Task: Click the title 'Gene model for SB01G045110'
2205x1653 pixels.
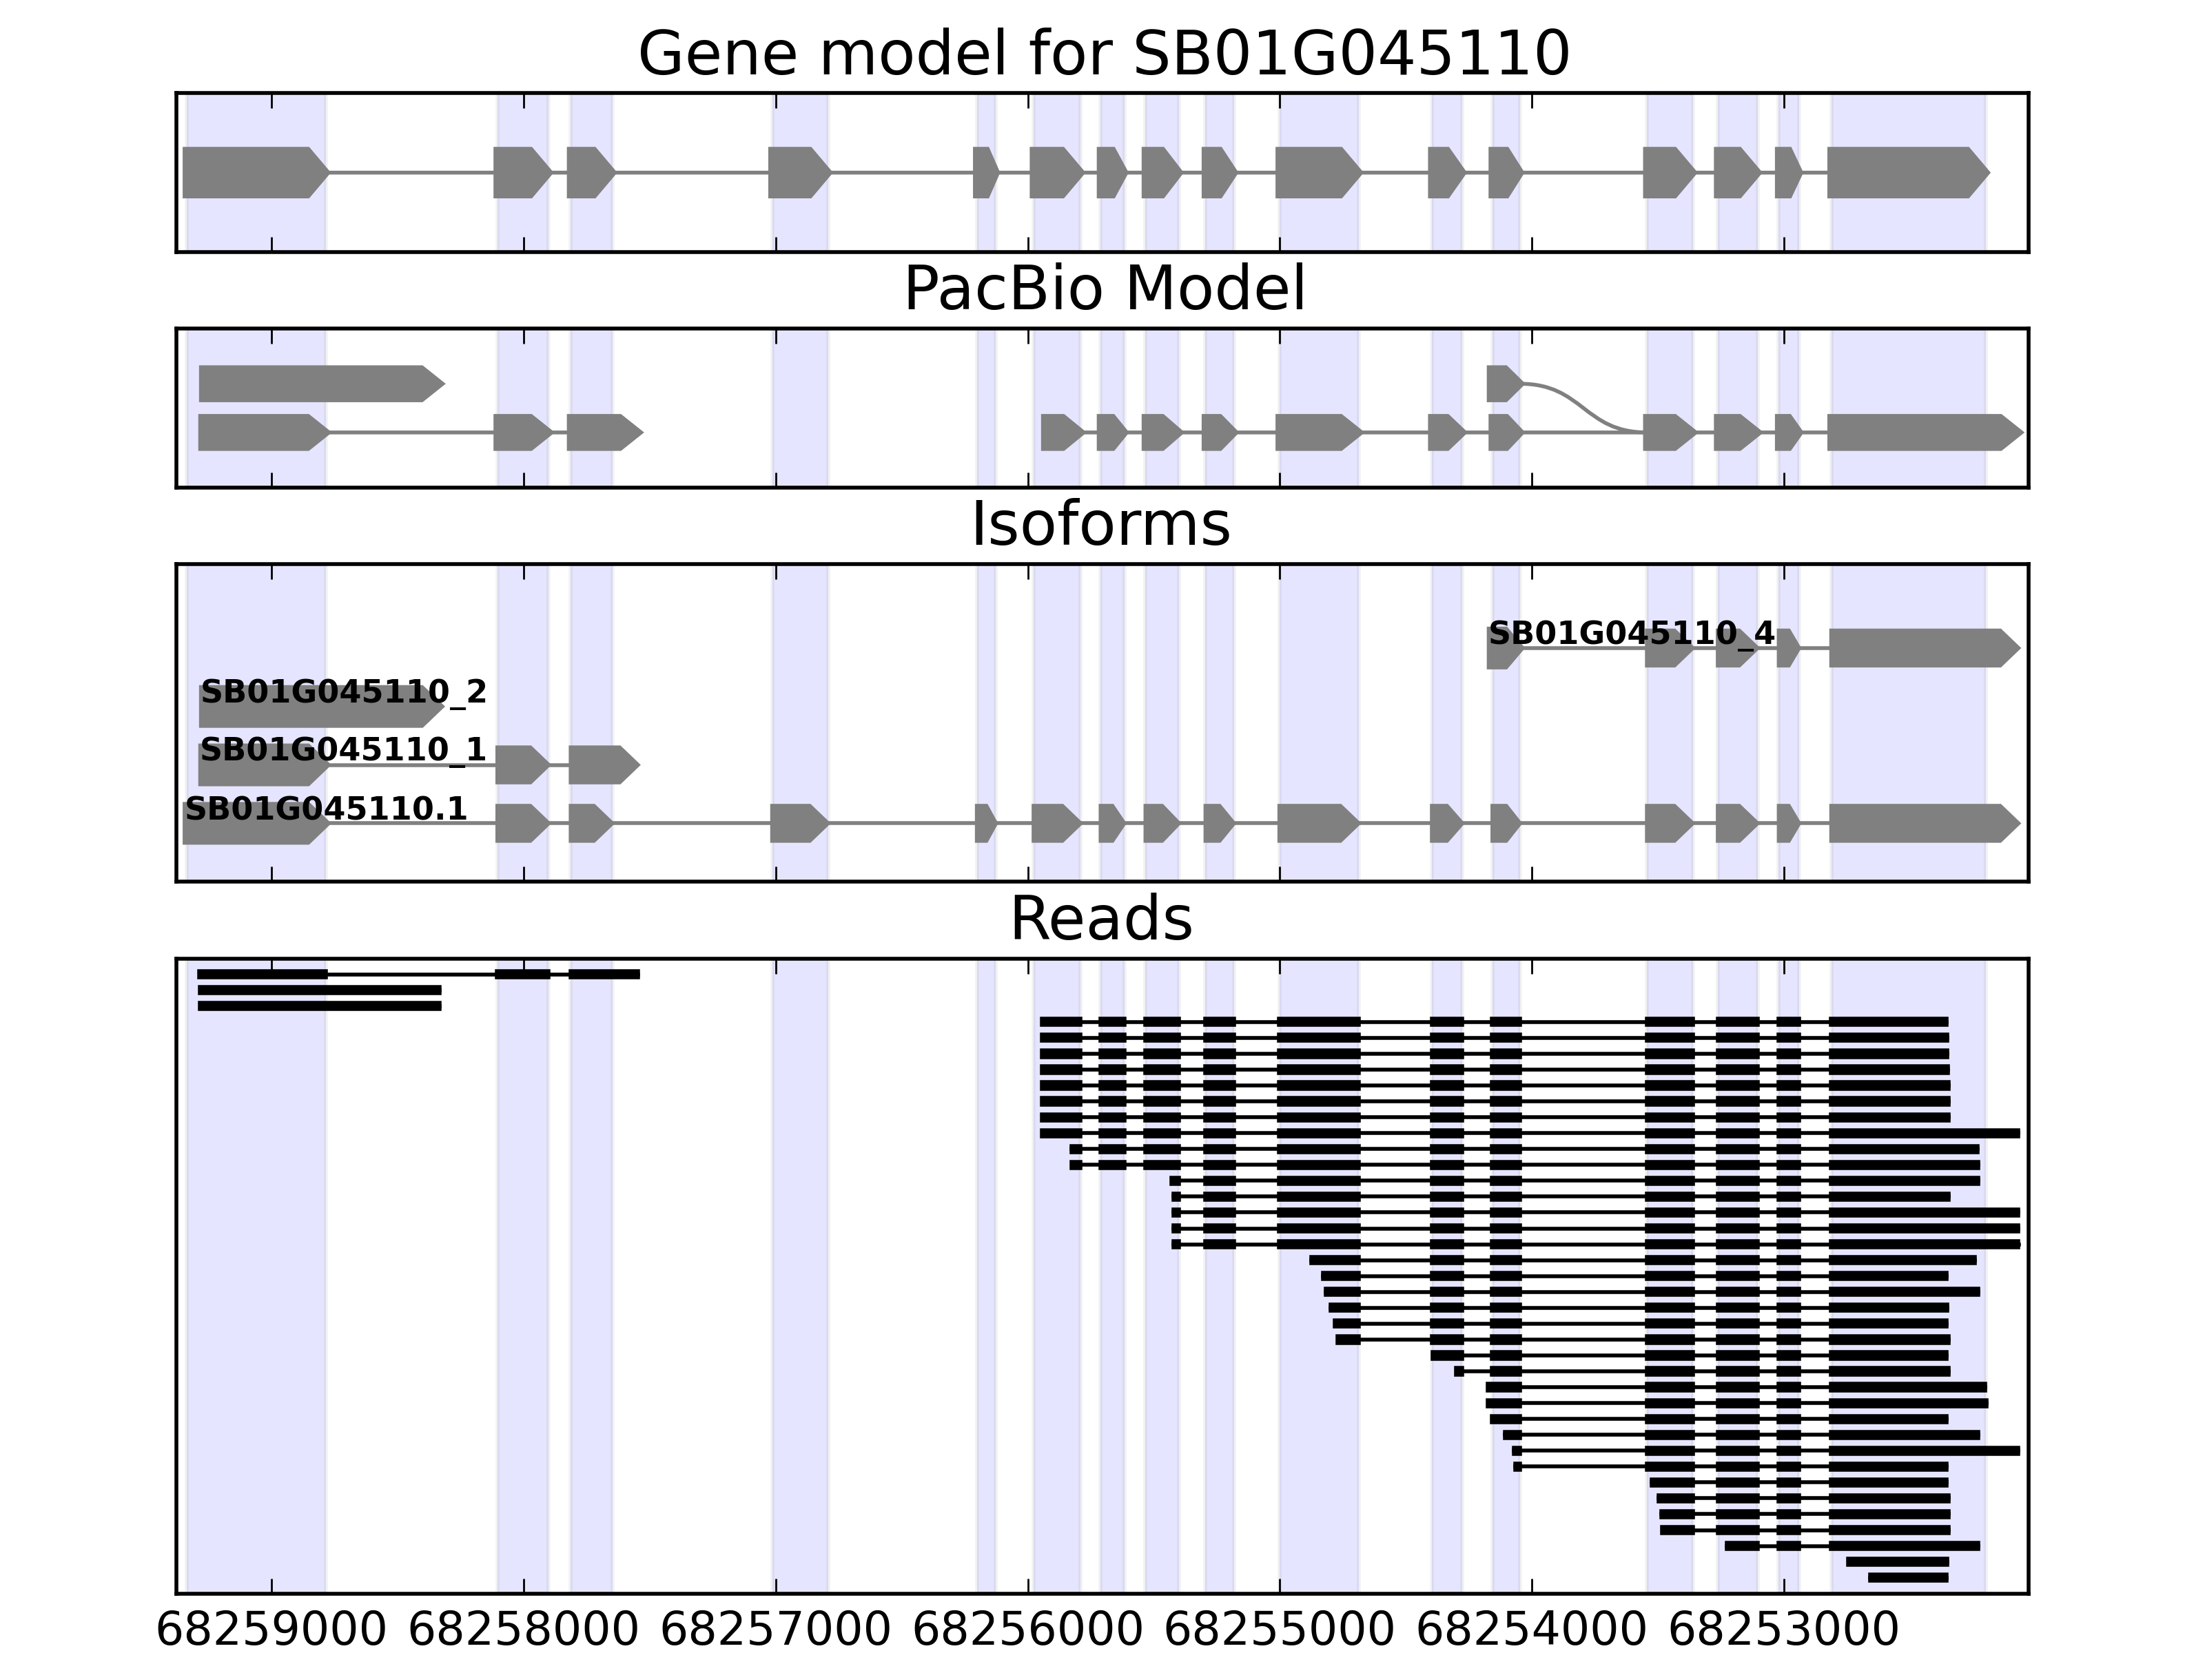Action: click(1102, 54)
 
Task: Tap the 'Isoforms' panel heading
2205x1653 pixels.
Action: click(1100, 524)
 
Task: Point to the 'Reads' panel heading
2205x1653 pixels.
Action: click(1100, 919)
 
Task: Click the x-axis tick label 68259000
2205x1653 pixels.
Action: click(271, 1630)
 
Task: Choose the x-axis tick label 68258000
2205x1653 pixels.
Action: click(523, 1630)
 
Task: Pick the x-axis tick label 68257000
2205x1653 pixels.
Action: click(775, 1630)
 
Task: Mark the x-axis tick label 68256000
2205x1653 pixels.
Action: click(1028, 1630)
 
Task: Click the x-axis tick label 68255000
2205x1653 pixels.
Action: click(1280, 1630)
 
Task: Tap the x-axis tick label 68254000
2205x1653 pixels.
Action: click(1532, 1630)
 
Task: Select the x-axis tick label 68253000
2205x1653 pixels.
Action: click(1785, 1630)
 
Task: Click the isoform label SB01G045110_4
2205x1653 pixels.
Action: click(1631, 634)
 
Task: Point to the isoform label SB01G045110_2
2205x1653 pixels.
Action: click(344, 692)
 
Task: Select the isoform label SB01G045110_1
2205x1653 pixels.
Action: click(343, 749)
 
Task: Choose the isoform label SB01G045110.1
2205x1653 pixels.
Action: click(326, 809)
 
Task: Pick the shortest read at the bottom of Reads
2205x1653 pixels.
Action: click(1908, 1577)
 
